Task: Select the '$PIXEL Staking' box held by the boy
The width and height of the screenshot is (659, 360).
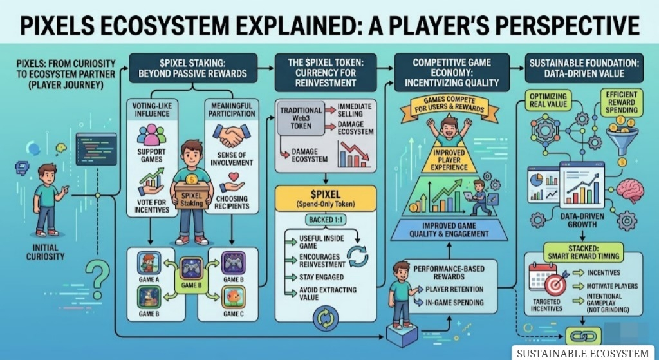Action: click(x=192, y=199)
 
